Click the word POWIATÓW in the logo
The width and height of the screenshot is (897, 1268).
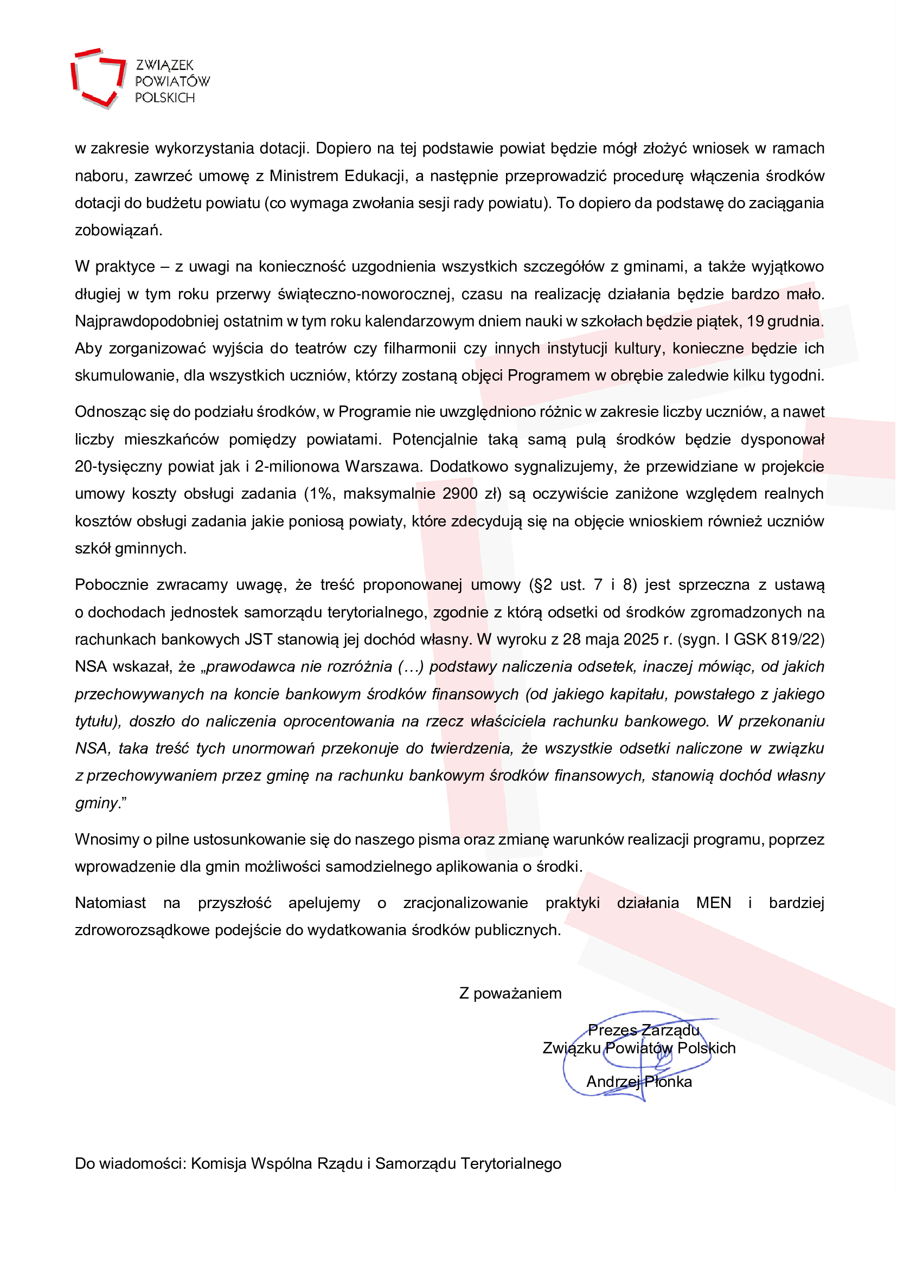pos(172,82)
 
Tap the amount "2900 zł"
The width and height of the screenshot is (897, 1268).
pos(472,494)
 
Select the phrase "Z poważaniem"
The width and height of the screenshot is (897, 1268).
pos(510,994)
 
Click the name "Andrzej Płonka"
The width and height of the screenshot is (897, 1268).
pos(639,1082)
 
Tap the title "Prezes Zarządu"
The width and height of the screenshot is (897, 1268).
pos(644,1031)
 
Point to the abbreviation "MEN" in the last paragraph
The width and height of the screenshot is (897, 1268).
pos(714,903)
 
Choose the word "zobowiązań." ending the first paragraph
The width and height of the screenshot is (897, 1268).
pos(119,231)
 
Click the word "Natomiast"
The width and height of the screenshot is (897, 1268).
pos(111,903)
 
